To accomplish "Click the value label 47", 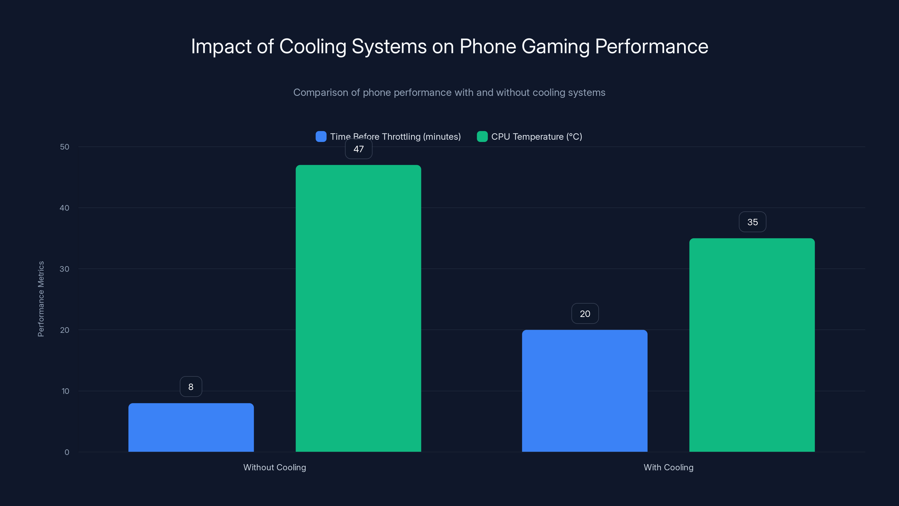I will point(358,149).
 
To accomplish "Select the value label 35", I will point(752,222).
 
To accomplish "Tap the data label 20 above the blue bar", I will point(585,314).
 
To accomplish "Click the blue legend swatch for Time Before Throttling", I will point(321,137).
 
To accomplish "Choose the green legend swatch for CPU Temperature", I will point(482,137).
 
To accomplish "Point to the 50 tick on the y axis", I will point(65,147).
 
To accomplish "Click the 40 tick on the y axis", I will point(65,208).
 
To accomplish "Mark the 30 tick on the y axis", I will point(65,269).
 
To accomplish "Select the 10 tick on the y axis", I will point(65,391).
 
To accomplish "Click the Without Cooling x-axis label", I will point(275,467).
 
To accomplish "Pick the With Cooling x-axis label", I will point(668,467).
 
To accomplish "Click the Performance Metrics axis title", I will point(41,299).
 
